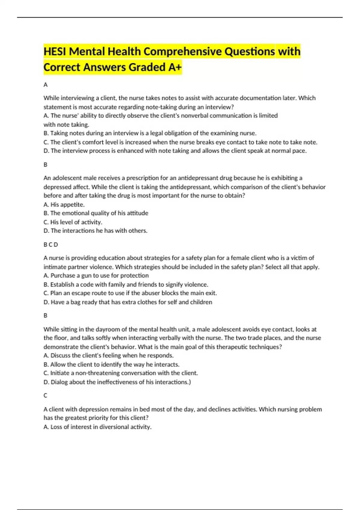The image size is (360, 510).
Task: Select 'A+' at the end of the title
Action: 175,67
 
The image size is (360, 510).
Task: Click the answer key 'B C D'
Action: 51,244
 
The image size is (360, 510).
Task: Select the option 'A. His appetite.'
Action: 64,205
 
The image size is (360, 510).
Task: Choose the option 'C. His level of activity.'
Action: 73,222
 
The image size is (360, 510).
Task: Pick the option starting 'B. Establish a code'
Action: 126,284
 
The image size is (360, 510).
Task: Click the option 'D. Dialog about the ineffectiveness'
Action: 117,382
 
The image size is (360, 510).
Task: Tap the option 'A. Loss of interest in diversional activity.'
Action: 97,427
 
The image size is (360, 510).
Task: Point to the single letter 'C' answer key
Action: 45,395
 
